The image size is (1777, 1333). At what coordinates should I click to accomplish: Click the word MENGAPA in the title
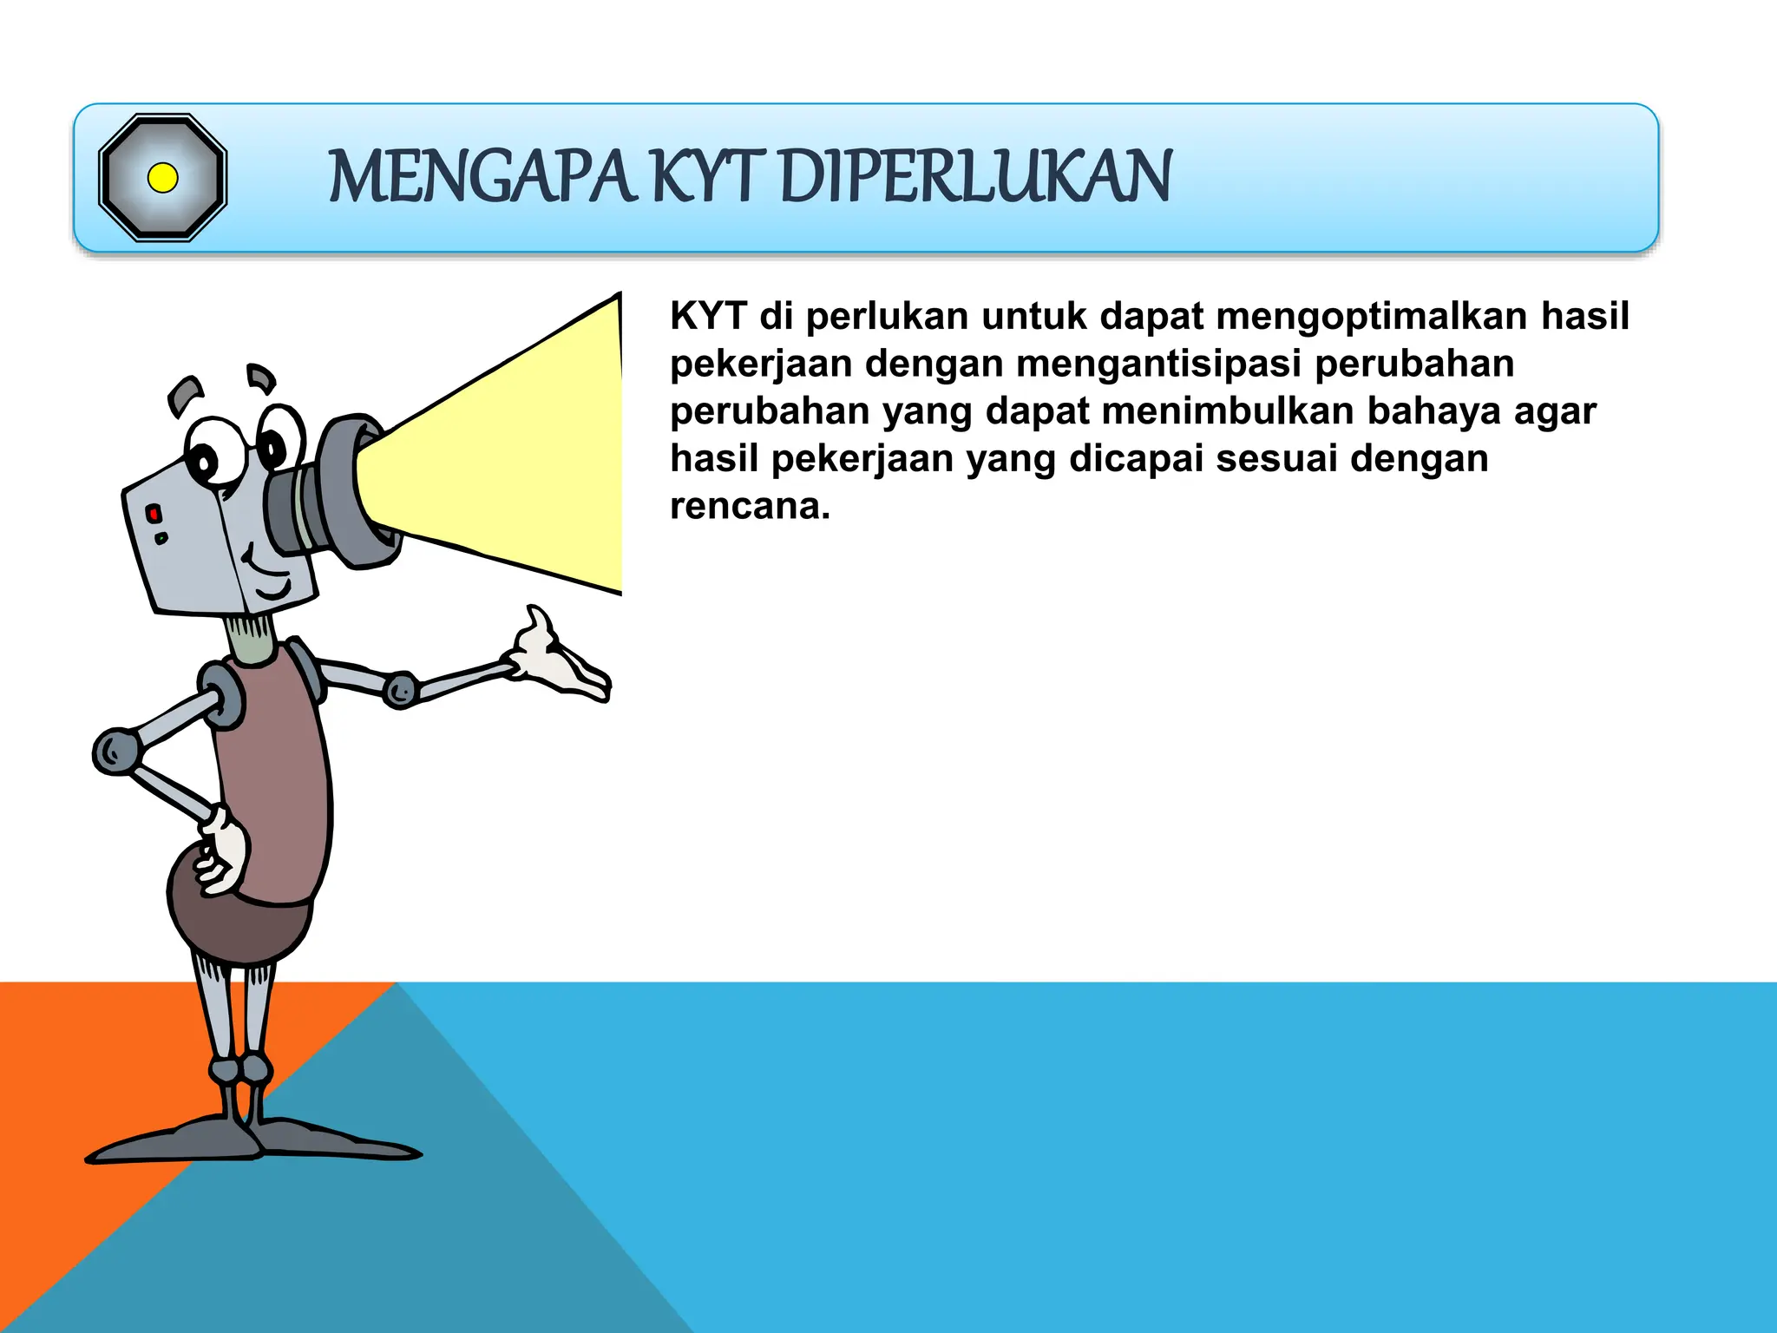click(x=480, y=177)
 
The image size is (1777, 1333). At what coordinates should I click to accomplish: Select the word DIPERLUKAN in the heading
click(x=975, y=177)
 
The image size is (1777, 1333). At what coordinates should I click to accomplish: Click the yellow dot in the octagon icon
click(x=162, y=178)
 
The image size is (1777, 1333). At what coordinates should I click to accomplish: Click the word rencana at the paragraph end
click(x=749, y=507)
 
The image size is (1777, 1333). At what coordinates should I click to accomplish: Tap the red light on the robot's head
click(x=154, y=515)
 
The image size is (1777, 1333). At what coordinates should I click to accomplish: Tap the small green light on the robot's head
click(x=161, y=539)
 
